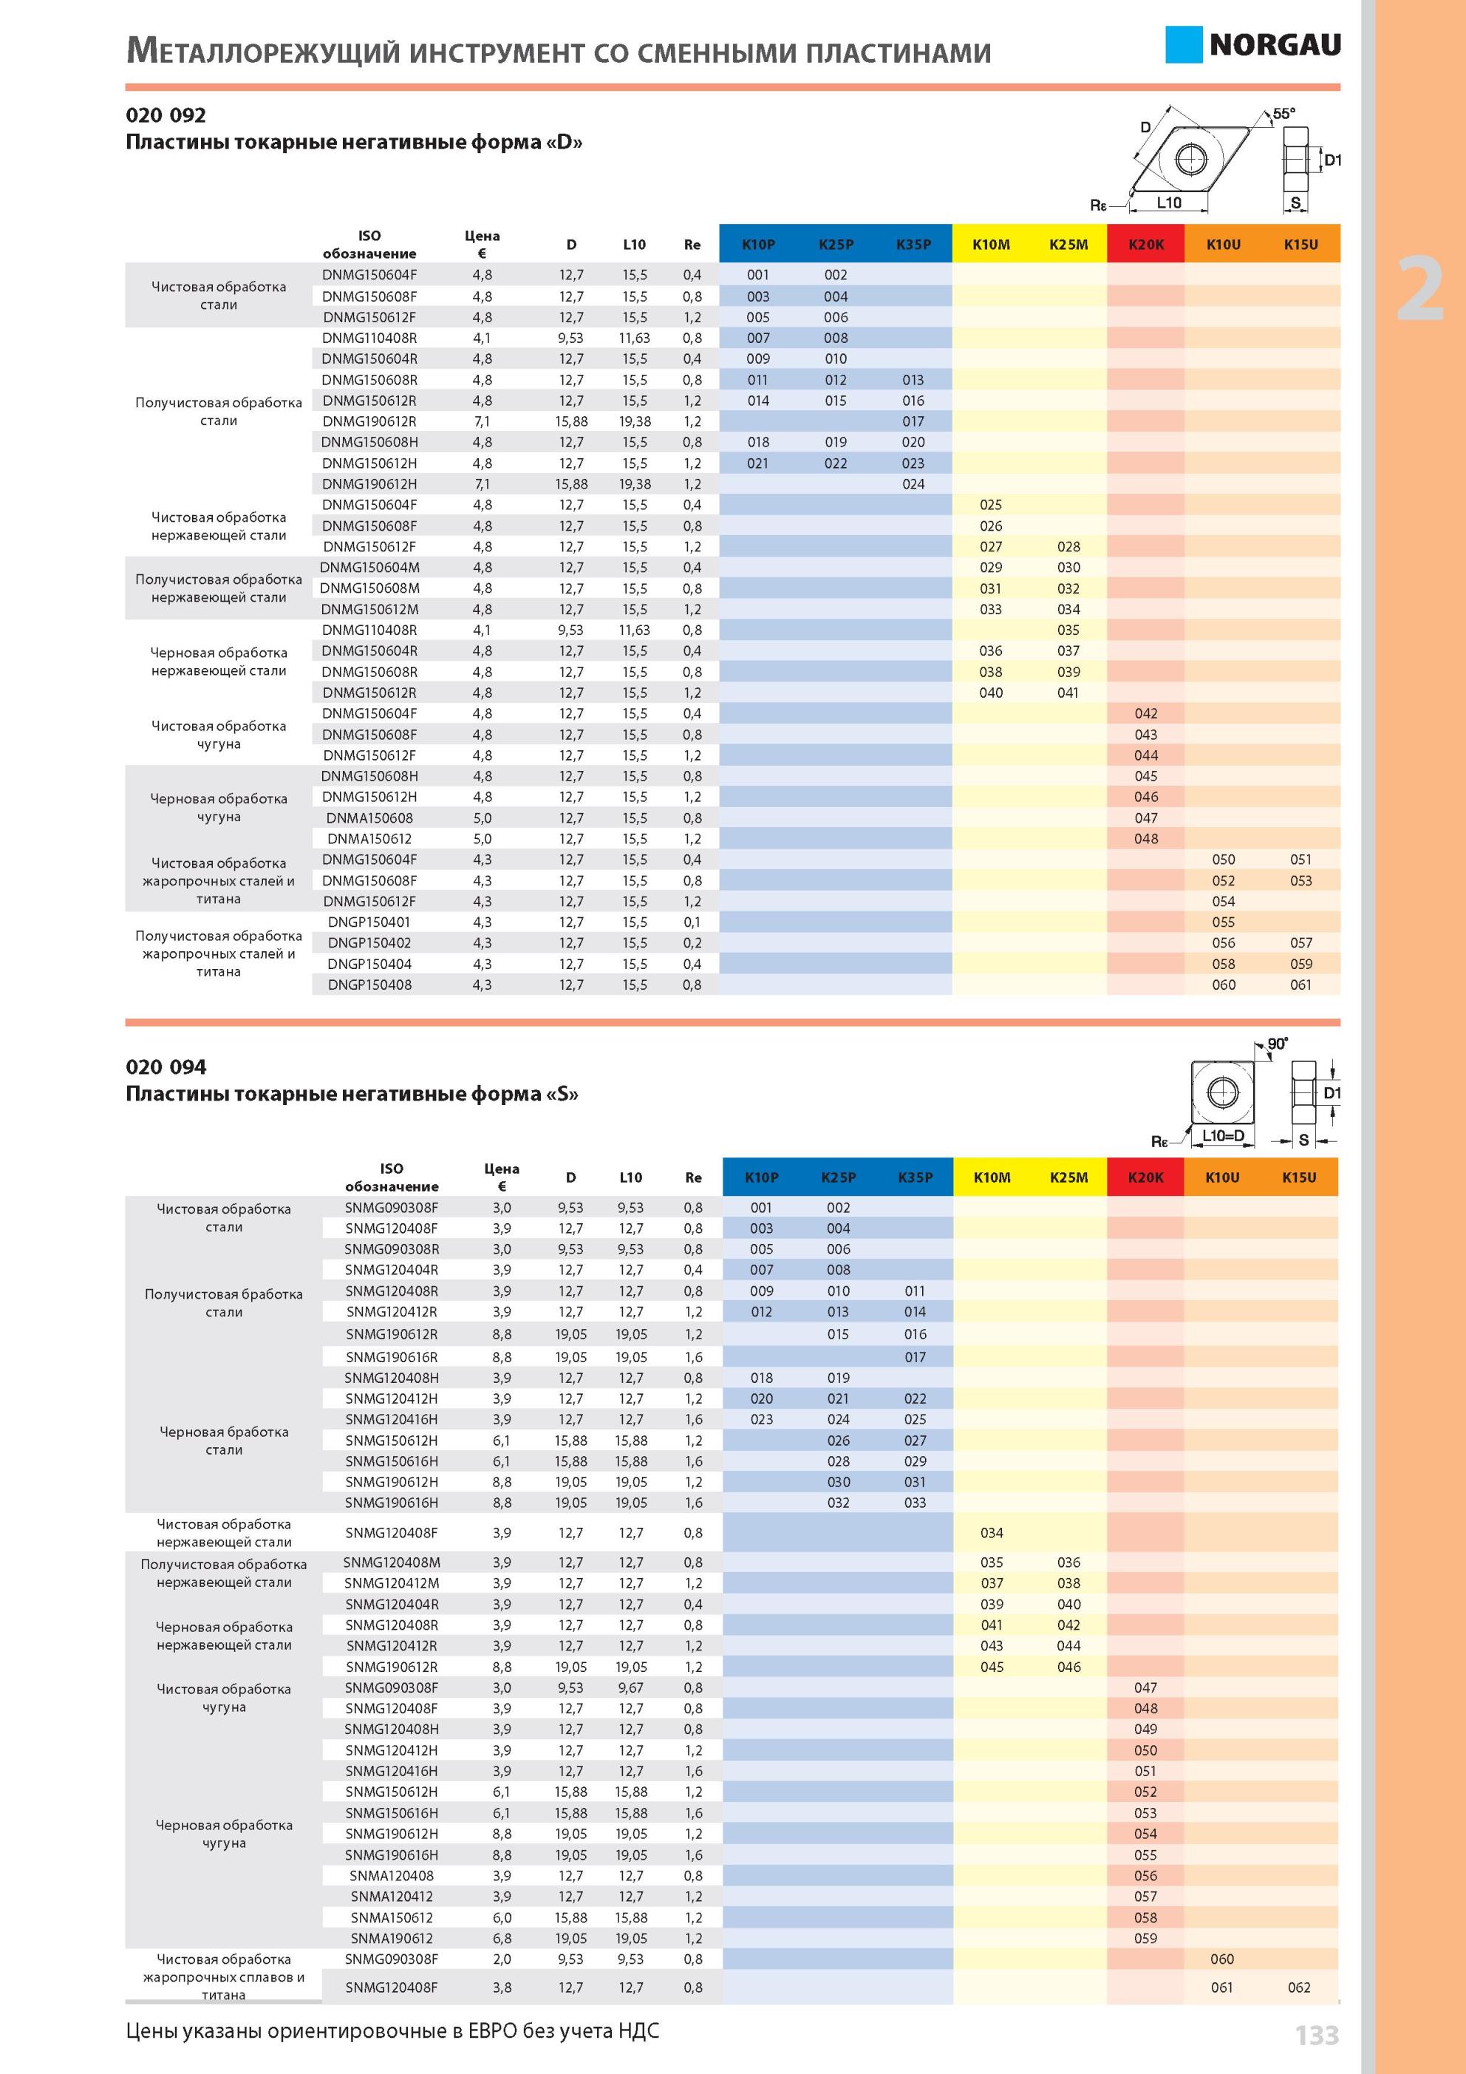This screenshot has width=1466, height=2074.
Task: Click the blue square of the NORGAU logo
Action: pos(1182,44)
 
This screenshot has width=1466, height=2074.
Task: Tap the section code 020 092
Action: pos(166,115)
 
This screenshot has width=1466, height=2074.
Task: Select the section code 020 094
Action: pos(166,1067)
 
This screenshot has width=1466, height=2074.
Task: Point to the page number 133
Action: pos(1317,2035)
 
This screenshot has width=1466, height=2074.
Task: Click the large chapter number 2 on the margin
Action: pos(1421,289)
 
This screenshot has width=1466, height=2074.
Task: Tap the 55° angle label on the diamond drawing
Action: pos(1283,114)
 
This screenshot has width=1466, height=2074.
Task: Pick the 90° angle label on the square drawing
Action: pos(1278,1044)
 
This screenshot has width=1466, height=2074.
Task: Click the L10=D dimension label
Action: pos(1223,1135)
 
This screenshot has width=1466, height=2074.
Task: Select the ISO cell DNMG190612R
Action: pos(369,421)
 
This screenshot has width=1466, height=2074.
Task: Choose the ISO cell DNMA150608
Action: pos(369,817)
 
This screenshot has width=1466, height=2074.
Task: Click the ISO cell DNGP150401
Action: pos(369,922)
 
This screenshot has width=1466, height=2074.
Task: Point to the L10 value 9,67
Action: pos(630,1687)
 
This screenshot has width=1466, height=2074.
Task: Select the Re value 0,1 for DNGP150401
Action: pos(692,922)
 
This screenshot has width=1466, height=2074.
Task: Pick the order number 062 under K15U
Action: pos(1299,1988)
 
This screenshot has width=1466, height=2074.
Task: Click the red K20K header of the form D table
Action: pos(1145,244)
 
